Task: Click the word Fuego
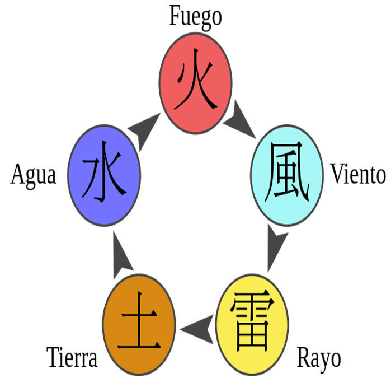tap(195, 16)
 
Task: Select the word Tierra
tap(72, 358)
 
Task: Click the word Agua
tap(34, 175)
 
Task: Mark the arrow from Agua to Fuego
tap(145, 129)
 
